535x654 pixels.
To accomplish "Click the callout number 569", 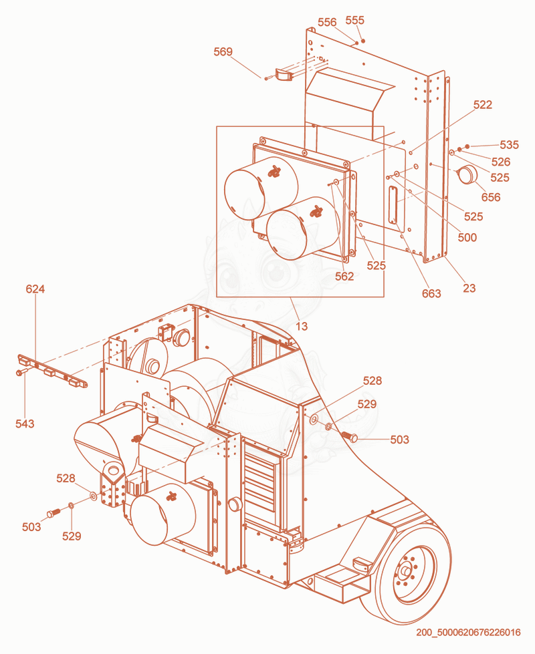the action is click(223, 51).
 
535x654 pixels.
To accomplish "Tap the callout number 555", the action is click(355, 20).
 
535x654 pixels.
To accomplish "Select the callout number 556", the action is click(327, 22).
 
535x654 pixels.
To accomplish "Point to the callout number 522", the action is click(483, 105).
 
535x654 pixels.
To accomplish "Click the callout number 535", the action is click(509, 145).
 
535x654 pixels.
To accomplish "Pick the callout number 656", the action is click(491, 197).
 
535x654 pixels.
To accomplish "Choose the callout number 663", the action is click(431, 294).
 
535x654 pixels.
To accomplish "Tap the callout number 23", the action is click(469, 288).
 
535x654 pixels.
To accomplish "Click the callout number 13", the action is click(302, 326).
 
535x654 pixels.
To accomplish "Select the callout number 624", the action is click(35, 289).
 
